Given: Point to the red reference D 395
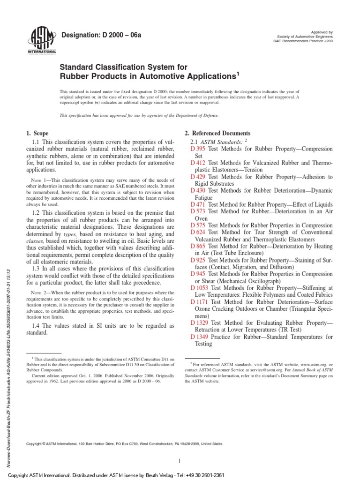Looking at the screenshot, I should pos(198,149).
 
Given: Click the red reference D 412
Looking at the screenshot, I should pos(198,163).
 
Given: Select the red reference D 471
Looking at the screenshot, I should pos(198,204).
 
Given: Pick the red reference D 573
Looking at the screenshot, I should pos(198,211).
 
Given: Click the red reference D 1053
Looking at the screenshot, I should pos(200,288).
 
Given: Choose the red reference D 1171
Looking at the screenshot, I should pos(200,302).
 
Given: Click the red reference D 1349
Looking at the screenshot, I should pos(200,337).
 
